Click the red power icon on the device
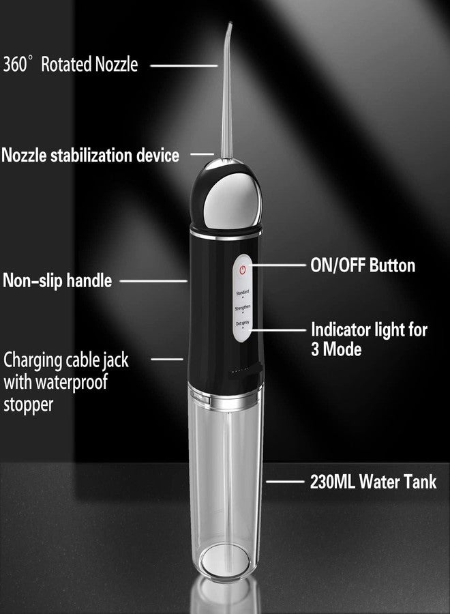[x=241, y=271]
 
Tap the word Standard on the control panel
[x=242, y=293]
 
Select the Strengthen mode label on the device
[x=242, y=308]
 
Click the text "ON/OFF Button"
[x=363, y=265]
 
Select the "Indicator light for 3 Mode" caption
[x=369, y=339]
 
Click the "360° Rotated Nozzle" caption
[x=70, y=65]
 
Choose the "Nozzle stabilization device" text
[x=91, y=156]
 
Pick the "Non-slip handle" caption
[x=57, y=280]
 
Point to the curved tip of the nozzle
[x=228, y=29]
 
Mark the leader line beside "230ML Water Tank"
[x=280, y=482]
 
